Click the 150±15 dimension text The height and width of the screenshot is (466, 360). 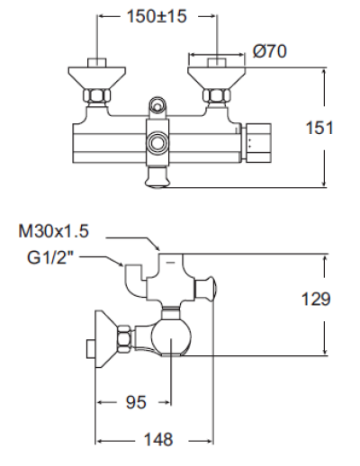(x=157, y=17)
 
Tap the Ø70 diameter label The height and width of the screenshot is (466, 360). (x=271, y=51)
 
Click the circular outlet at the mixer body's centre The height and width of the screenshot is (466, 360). (x=158, y=141)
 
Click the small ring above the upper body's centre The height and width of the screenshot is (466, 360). (x=158, y=106)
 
